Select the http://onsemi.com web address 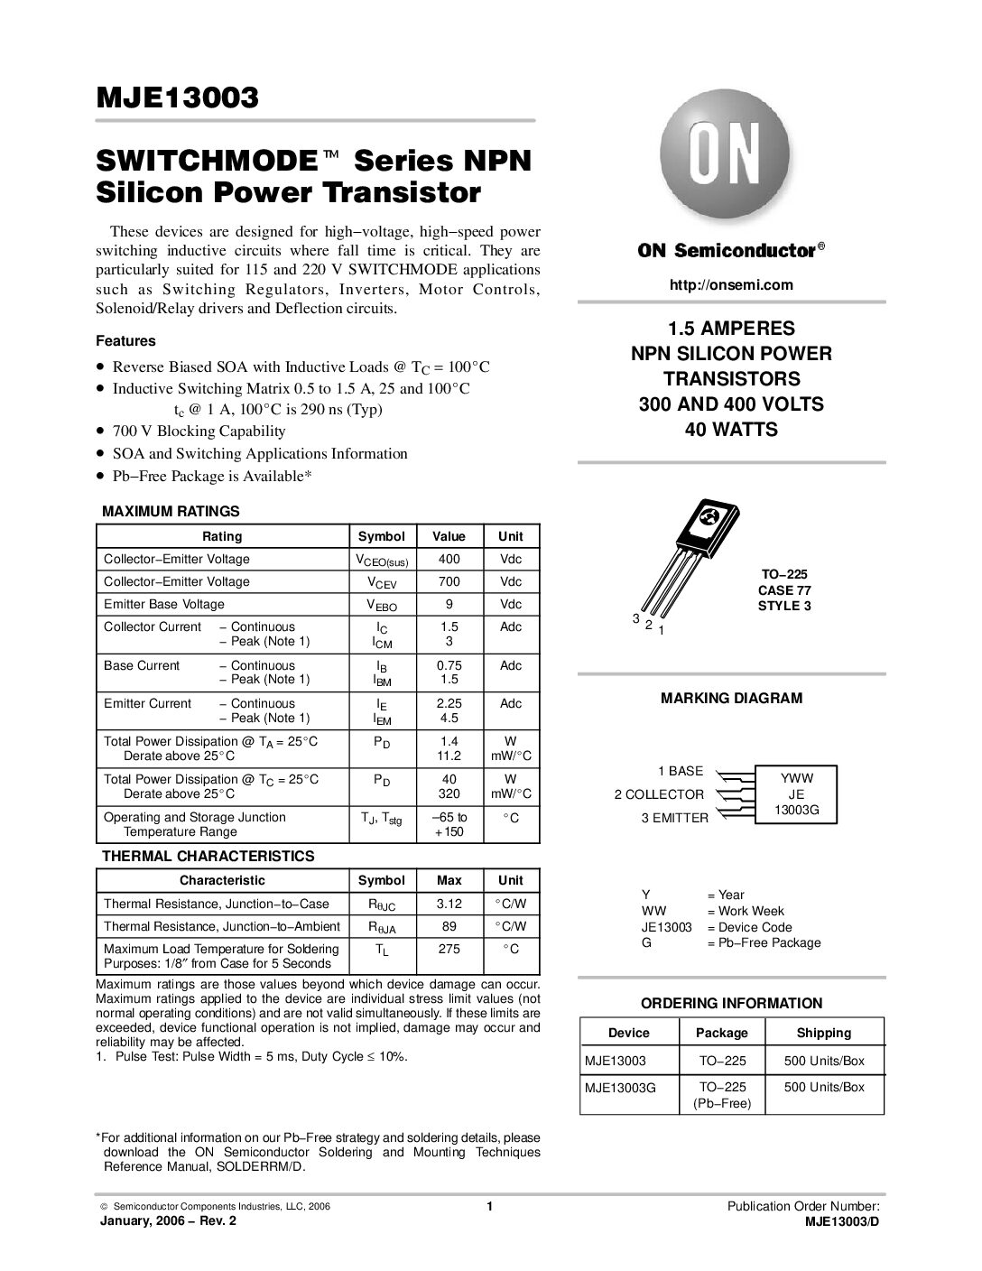tap(731, 285)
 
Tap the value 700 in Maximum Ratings tap(449, 582)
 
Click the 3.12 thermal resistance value tap(449, 904)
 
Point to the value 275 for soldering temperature tap(449, 949)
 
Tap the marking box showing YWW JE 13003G tap(796, 794)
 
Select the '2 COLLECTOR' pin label tap(659, 794)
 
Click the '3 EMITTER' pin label tap(675, 818)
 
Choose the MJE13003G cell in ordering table tap(621, 1088)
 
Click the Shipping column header tap(823, 1033)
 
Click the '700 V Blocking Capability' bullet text tap(199, 431)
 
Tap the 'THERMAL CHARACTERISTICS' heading tap(208, 856)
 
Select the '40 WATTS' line tap(731, 430)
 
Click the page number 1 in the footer tap(488, 1207)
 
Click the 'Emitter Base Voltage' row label tap(164, 605)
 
